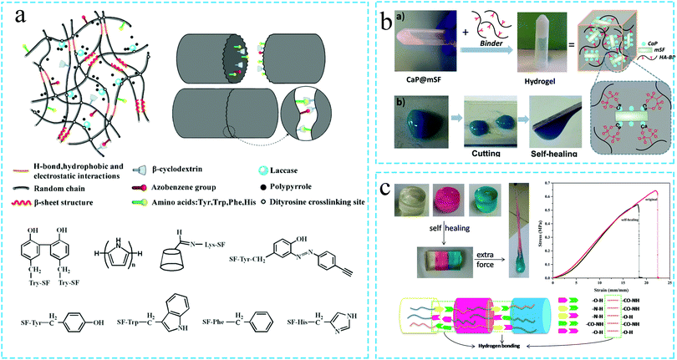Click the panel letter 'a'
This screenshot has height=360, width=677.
tap(18, 15)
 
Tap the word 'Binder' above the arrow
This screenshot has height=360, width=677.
tap(496, 49)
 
